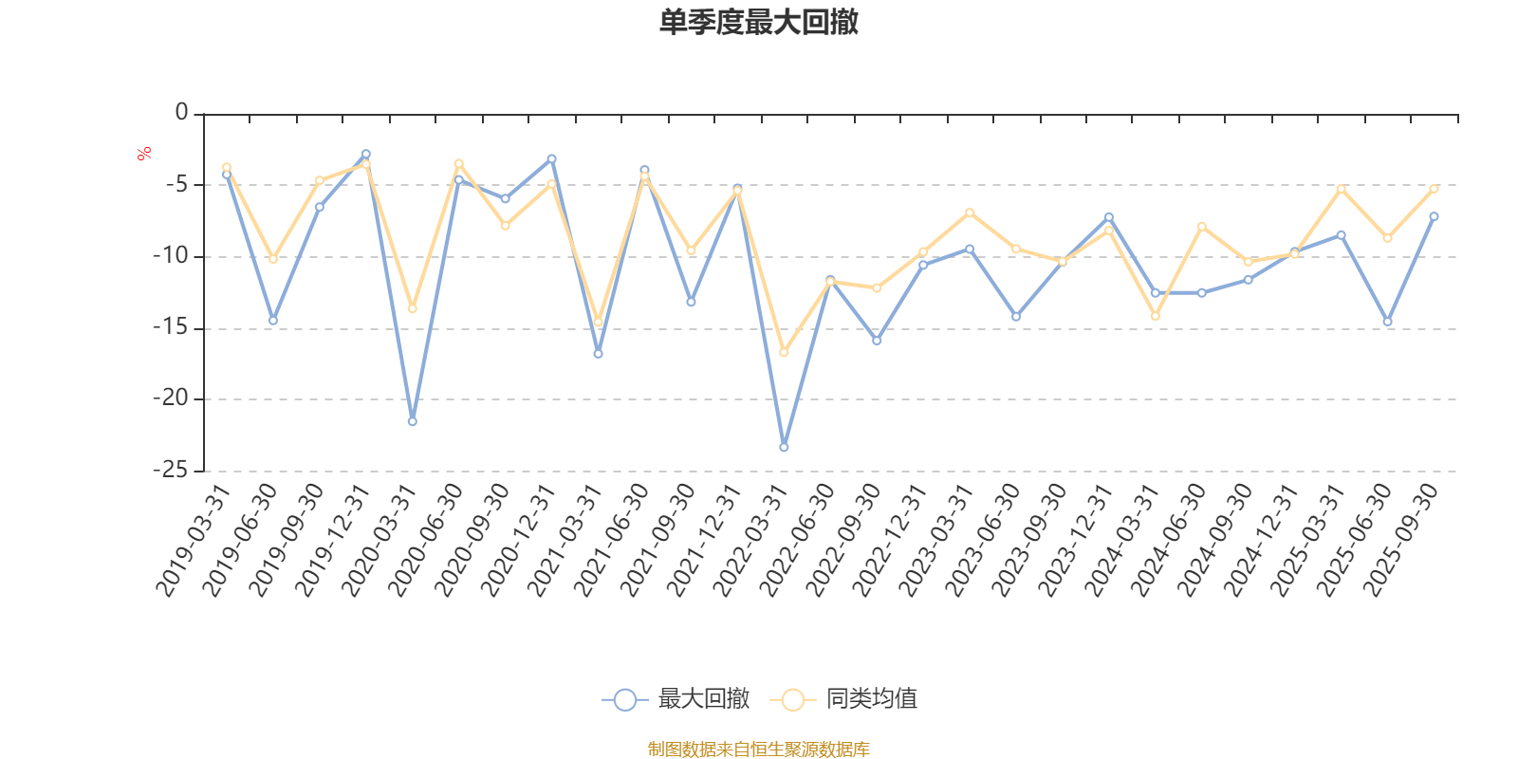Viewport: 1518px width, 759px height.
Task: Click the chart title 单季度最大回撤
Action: click(759, 23)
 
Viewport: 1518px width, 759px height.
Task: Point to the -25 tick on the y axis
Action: click(171, 470)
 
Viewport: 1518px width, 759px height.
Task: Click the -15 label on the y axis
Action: click(171, 327)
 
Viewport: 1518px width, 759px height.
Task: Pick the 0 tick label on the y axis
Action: click(182, 113)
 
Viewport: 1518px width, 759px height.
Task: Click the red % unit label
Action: click(144, 154)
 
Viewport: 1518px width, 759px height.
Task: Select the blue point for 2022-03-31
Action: click(784, 447)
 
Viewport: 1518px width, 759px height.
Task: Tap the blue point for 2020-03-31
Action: click(412, 421)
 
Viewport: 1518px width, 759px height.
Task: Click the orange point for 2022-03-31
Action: click(784, 352)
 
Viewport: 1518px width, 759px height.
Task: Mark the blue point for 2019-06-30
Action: click(273, 321)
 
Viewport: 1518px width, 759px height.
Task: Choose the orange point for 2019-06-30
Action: click(273, 259)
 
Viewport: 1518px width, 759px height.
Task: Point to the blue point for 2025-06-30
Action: click(1388, 323)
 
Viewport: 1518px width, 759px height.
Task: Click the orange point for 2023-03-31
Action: click(970, 212)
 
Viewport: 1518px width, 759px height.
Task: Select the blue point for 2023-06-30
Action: click(1016, 317)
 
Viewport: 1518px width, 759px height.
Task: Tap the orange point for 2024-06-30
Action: click(1202, 226)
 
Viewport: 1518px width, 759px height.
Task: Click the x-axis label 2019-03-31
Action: click(194, 540)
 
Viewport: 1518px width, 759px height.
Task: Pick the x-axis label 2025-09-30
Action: click(1401, 540)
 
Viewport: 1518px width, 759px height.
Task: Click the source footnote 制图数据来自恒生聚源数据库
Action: click(759, 750)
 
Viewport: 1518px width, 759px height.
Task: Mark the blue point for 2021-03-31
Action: click(598, 354)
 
